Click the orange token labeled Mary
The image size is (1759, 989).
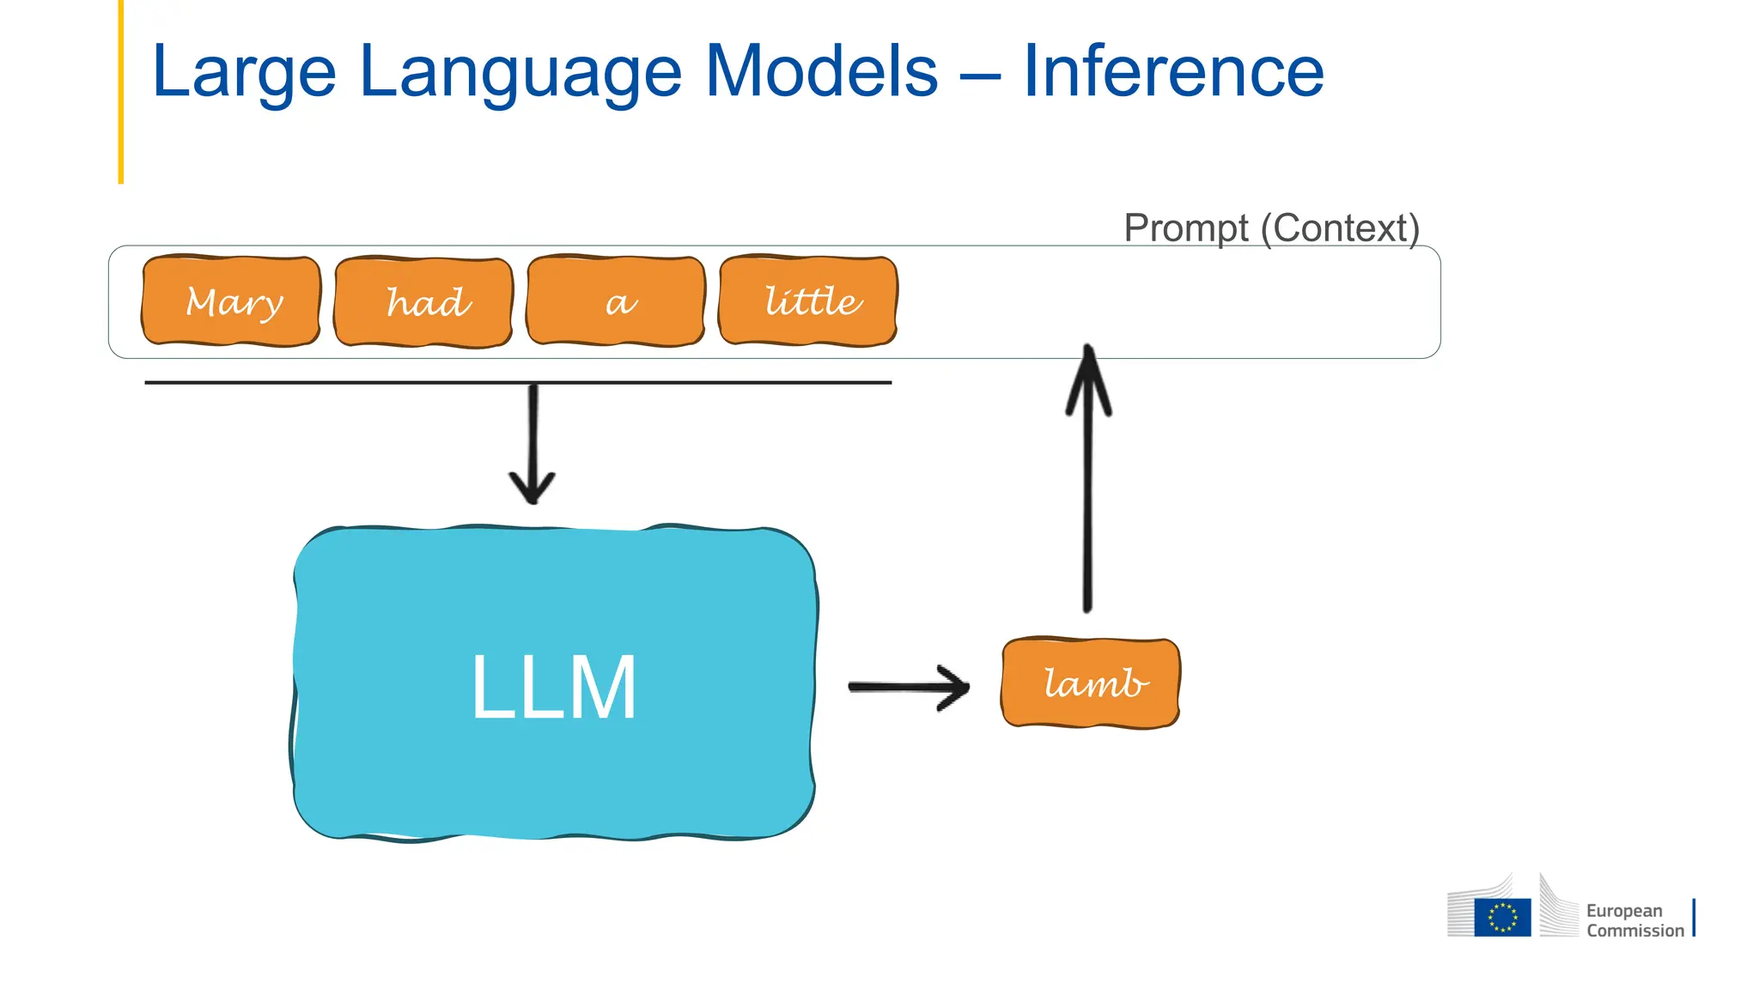click(231, 301)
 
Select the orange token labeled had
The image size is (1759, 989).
click(423, 302)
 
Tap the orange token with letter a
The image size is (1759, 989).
click(616, 301)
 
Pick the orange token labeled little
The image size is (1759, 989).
click(808, 301)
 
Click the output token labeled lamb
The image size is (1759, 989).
click(1091, 683)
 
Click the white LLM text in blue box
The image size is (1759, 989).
click(554, 687)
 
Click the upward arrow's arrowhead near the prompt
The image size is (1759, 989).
click(1088, 378)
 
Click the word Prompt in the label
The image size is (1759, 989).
click(1186, 228)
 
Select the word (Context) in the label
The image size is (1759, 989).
click(1340, 228)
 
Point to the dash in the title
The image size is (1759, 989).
click(980, 76)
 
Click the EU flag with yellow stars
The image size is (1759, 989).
click(1502, 916)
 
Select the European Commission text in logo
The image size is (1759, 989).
click(1634, 920)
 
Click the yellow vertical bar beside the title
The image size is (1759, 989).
click(121, 91)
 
